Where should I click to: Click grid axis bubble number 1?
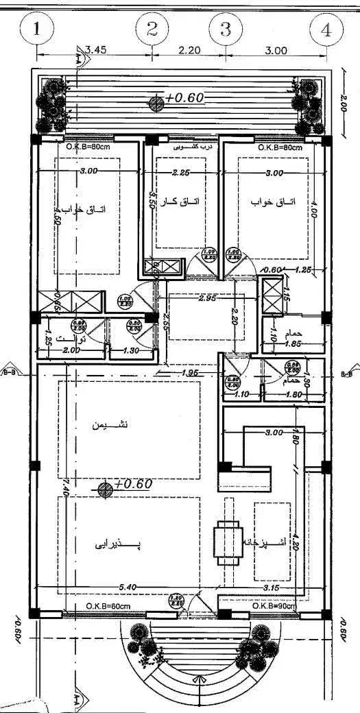tap(38, 29)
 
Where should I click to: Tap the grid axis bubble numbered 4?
tap(326, 30)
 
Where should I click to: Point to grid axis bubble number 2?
tap(152, 29)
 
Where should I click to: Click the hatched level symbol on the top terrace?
tap(157, 103)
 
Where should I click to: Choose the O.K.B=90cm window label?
tap(274, 606)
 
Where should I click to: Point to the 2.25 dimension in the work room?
tap(181, 172)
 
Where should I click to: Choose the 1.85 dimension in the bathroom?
tap(293, 343)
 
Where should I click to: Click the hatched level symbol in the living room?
tap(105, 489)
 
